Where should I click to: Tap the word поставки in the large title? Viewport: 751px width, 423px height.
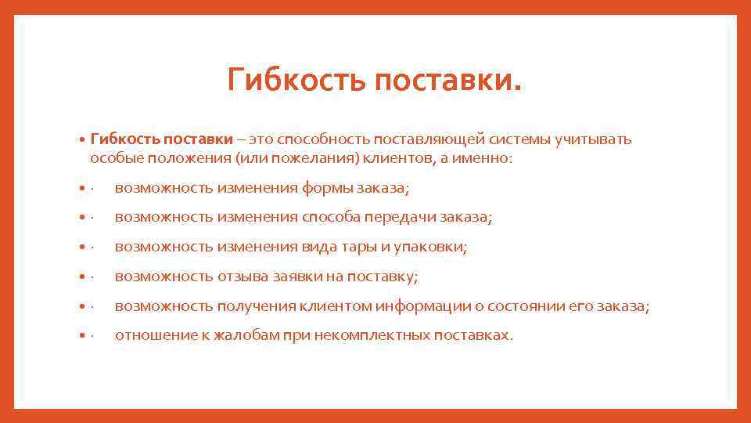[x=446, y=80]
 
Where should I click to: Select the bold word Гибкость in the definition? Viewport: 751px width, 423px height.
[x=124, y=139]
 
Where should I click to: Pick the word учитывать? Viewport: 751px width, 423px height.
[x=593, y=139]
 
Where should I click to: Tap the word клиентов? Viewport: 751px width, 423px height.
[x=398, y=158]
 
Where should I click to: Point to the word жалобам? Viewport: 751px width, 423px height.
[x=239, y=336]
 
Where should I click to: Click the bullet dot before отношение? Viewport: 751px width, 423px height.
[x=82, y=336]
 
